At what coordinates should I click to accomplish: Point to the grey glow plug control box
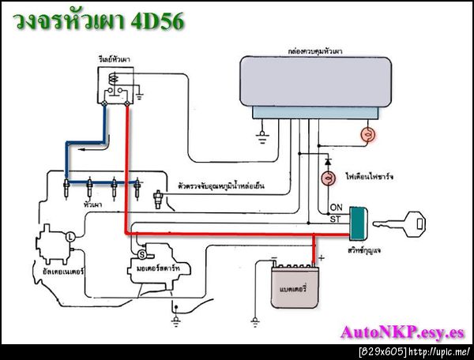(x=320, y=83)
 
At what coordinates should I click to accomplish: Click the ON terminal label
(x=335, y=208)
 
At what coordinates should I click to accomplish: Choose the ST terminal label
(x=335, y=219)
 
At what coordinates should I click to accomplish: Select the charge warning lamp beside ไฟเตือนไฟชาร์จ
(x=324, y=178)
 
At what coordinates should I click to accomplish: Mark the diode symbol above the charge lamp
(x=324, y=156)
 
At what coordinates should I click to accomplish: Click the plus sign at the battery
(x=322, y=257)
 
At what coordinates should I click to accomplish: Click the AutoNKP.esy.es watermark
(x=402, y=332)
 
